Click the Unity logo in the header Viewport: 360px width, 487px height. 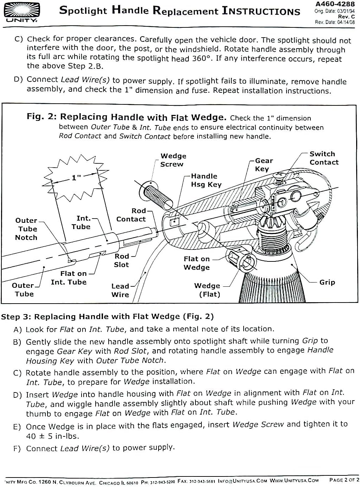pos(22,12)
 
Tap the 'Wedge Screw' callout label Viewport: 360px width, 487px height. pos(173,160)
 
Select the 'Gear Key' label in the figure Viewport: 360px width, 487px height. pos(264,164)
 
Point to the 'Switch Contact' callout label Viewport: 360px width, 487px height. pos(324,158)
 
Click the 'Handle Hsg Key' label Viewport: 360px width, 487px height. pos(206,180)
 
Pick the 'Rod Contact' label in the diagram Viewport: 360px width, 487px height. pos(131,215)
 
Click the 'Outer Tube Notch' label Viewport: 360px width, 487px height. pos(26,229)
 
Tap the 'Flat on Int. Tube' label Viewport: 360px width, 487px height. pos(69,278)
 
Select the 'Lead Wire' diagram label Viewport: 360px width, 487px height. pos(120,290)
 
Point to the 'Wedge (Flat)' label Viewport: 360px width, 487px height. pos(207,290)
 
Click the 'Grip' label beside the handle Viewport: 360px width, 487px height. pos(327,282)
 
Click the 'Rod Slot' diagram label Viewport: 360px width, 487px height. pos(122,260)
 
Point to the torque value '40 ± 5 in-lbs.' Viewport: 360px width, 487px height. pos(52,436)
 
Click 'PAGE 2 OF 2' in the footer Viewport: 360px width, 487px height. pos(344,480)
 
